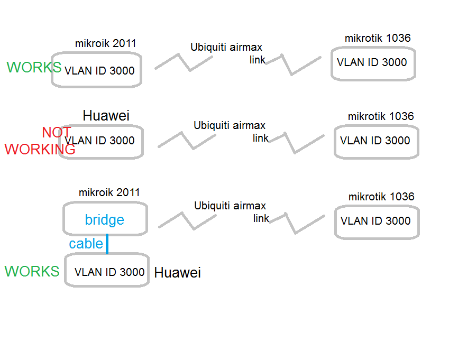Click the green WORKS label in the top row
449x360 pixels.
tap(34, 67)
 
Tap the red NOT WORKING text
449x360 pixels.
tap(40, 141)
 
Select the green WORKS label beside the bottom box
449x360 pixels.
tap(32, 271)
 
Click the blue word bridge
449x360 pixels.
tap(105, 220)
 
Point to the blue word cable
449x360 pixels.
tap(86, 244)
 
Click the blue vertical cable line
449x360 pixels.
tap(107, 244)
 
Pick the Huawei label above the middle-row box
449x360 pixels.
tap(106, 116)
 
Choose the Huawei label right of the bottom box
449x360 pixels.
tap(177, 272)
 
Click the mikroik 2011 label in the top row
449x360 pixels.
tap(105, 43)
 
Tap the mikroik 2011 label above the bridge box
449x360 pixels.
tap(109, 192)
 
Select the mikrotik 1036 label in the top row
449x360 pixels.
tap(378, 38)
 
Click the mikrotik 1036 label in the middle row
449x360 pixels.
tap(381, 116)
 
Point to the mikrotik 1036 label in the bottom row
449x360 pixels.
tap(381, 197)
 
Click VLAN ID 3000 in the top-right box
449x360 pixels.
tap(372, 62)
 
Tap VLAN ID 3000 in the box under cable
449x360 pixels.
tap(109, 272)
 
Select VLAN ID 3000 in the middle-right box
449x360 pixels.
tap(375, 141)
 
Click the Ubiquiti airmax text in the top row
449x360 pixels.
tap(226, 47)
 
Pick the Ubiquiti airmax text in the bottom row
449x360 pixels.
tap(230, 206)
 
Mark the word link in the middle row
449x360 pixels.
tap(261, 138)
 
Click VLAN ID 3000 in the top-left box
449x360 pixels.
tap(99, 71)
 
